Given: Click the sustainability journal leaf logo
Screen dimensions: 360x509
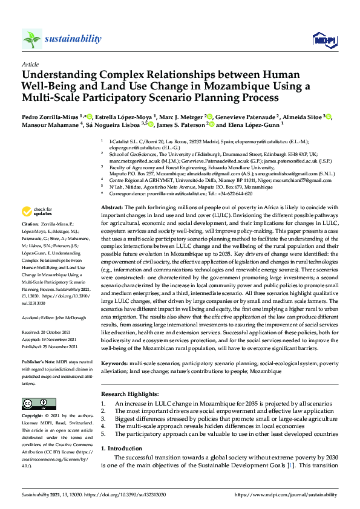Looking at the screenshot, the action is (x=31, y=39).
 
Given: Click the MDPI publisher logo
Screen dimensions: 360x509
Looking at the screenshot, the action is (x=323, y=39).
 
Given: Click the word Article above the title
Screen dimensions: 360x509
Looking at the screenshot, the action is (x=30, y=63).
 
